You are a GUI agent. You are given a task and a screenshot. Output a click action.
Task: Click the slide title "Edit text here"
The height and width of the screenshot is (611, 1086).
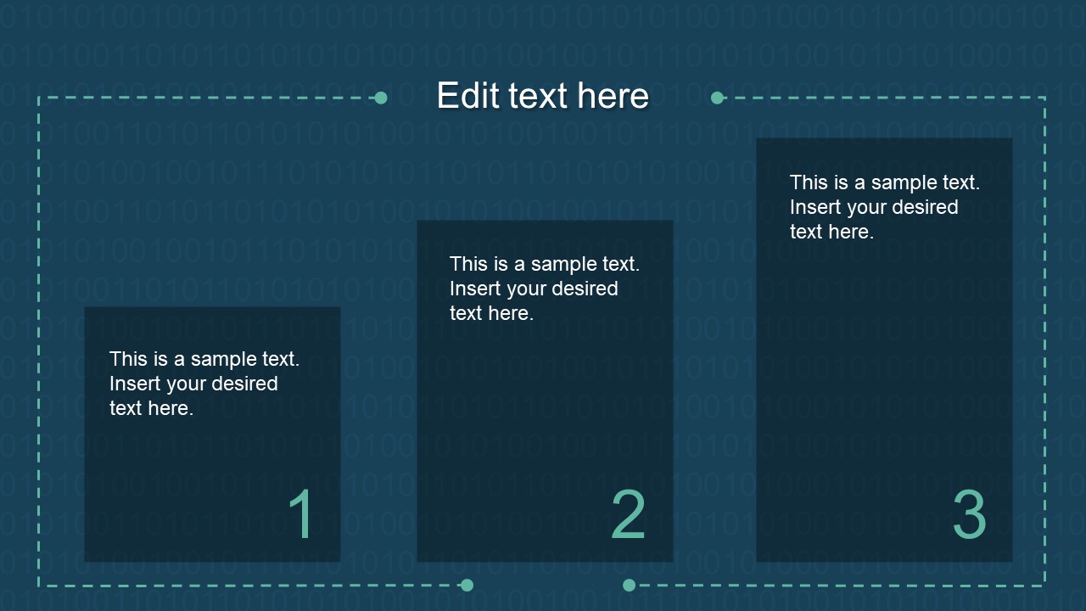(543, 96)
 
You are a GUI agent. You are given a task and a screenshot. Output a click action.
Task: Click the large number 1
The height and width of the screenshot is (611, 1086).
(301, 514)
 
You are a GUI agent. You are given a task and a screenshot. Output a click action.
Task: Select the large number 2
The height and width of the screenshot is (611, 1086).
(629, 514)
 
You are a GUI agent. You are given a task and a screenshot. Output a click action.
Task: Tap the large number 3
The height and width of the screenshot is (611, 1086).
(969, 514)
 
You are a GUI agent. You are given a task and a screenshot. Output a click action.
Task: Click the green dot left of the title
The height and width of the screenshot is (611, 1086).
(381, 98)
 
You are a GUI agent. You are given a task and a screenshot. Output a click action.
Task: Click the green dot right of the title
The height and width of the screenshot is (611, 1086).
(717, 98)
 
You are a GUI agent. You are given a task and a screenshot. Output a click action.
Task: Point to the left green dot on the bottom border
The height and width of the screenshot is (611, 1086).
(467, 585)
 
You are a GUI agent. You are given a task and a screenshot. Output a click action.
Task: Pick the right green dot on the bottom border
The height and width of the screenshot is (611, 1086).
(629, 585)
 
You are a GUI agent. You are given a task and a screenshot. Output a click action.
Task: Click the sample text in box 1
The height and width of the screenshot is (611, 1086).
(204, 384)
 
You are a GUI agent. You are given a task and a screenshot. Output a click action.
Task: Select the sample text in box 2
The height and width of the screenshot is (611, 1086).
(545, 289)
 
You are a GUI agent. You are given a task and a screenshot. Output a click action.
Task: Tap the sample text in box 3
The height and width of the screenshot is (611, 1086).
(885, 207)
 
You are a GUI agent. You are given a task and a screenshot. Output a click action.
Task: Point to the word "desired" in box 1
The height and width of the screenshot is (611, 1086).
(245, 384)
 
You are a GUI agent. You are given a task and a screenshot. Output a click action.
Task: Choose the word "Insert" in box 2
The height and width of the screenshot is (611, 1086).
(475, 289)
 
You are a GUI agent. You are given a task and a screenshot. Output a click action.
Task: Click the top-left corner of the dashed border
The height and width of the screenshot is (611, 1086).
(39, 98)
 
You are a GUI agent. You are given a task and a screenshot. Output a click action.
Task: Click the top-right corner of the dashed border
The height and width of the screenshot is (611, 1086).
(1044, 98)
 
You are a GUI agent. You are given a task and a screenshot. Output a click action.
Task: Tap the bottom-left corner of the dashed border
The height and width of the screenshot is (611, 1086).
(39, 585)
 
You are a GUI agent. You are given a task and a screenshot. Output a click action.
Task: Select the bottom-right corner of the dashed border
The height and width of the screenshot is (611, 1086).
(1044, 585)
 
